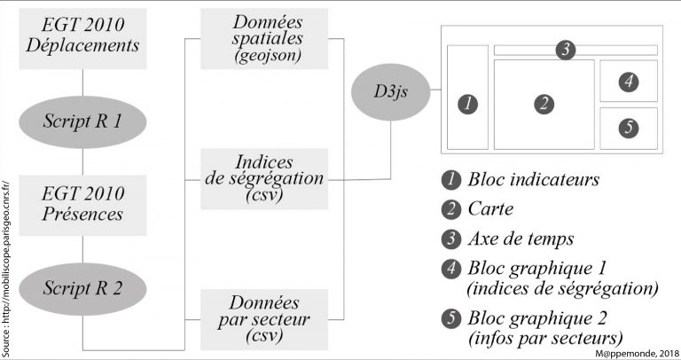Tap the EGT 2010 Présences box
[x=82, y=203]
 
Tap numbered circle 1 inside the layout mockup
[x=468, y=104]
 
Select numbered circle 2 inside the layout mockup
[x=544, y=104]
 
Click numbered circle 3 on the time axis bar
[x=565, y=50]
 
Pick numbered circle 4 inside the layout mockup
[x=628, y=82]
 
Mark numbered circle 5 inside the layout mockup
[x=628, y=128]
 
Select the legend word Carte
[x=491, y=209]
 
